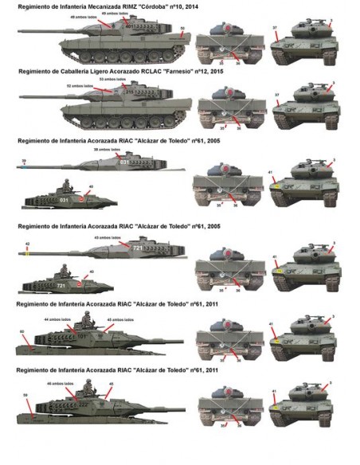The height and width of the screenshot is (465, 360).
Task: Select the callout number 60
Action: pos(22,330)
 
